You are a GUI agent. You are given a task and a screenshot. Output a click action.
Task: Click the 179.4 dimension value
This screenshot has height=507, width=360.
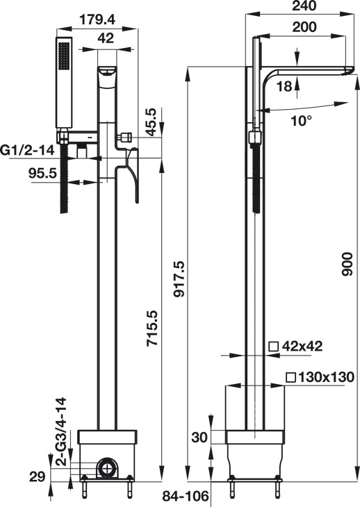click(x=97, y=20)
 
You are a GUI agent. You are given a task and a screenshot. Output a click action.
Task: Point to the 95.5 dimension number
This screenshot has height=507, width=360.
click(x=42, y=173)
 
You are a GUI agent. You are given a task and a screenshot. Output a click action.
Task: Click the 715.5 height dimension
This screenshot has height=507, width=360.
click(x=152, y=329)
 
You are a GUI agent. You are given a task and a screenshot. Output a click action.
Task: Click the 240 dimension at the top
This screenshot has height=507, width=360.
click(x=304, y=6)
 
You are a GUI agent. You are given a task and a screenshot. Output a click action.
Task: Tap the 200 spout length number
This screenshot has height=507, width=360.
click(x=304, y=27)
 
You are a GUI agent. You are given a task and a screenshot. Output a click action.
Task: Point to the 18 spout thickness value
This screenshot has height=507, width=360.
click(x=285, y=86)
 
